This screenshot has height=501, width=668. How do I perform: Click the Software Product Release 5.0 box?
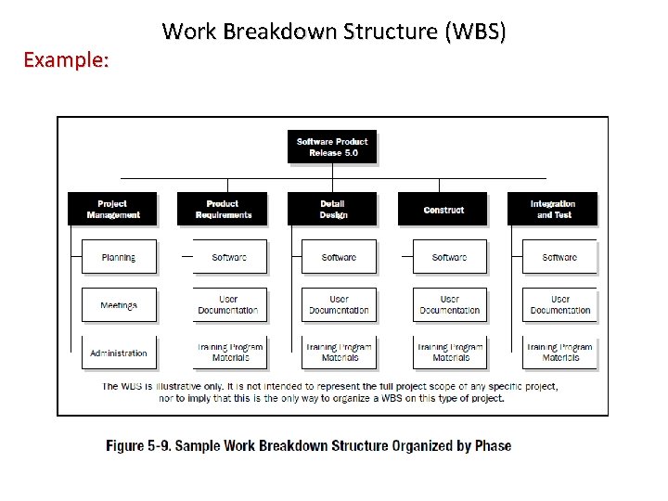[332, 148]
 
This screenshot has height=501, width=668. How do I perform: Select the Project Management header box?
[112, 209]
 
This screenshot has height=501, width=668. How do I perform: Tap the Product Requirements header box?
[223, 209]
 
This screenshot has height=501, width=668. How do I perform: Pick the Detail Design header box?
[332, 209]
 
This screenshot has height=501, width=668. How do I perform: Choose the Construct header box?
[443, 209]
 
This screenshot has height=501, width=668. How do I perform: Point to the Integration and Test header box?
[553, 209]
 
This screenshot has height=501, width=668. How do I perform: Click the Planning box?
[119, 257]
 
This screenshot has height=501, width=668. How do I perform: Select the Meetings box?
[119, 305]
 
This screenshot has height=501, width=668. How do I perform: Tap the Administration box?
[119, 353]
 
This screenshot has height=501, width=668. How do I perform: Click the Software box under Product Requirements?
[229, 257]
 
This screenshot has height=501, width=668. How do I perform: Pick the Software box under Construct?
[450, 257]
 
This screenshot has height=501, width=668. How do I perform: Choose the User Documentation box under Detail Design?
[340, 305]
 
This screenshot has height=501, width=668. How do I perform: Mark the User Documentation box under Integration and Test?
[560, 305]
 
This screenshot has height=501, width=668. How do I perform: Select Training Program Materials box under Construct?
[450, 353]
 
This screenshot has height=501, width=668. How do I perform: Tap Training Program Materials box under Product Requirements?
[229, 353]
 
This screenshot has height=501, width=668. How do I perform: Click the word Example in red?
[66, 61]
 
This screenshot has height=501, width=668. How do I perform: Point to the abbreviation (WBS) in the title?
[475, 32]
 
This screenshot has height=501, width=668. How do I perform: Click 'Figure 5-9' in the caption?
[137, 445]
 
